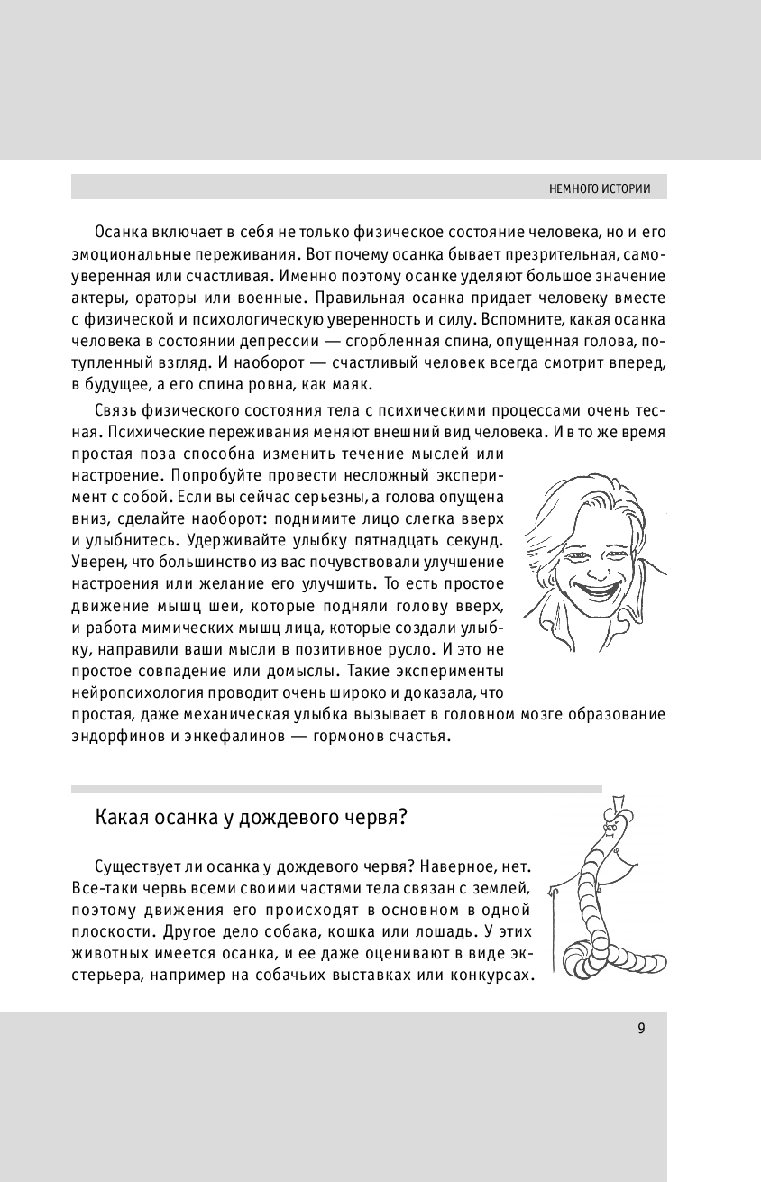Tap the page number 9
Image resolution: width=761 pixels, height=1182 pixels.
[641, 1029]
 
